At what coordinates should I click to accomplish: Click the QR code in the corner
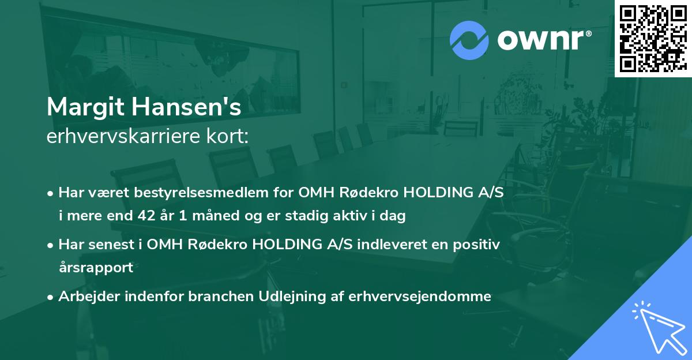pos(653,38)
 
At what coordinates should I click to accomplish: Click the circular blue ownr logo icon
pos(469,39)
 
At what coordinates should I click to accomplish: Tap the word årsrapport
pos(96,268)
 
